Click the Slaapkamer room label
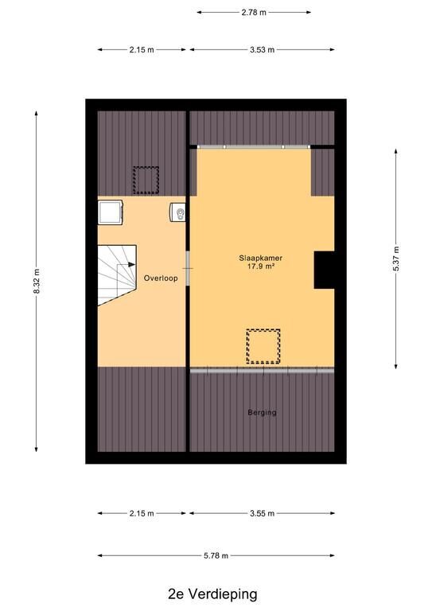click(x=260, y=258)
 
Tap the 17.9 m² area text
click(x=262, y=267)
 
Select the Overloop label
click(x=161, y=278)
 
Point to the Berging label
click(x=263, y=412)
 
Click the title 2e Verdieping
click(x=212, y=594)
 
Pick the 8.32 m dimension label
click(x=37, y=282)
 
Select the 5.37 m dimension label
click(x=396, y=259)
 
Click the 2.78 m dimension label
click(x=254, y=13)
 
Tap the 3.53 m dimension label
click(x=263, y=50)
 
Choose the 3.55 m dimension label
click(x=263, y=514)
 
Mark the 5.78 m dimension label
click(x=216, y=556)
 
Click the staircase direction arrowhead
click(x=131, y=265)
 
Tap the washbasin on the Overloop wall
click(x=177, y=212)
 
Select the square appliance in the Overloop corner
click(x=111, y=212)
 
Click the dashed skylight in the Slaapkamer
click(x=263, y=346)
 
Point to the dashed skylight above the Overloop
click(x=146, y=180)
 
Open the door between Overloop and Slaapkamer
click(x=188, y=268)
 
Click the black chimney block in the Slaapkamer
click(x=324, y=270)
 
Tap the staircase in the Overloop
click(x=117, y=275)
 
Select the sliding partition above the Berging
click(x=263, y=371)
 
